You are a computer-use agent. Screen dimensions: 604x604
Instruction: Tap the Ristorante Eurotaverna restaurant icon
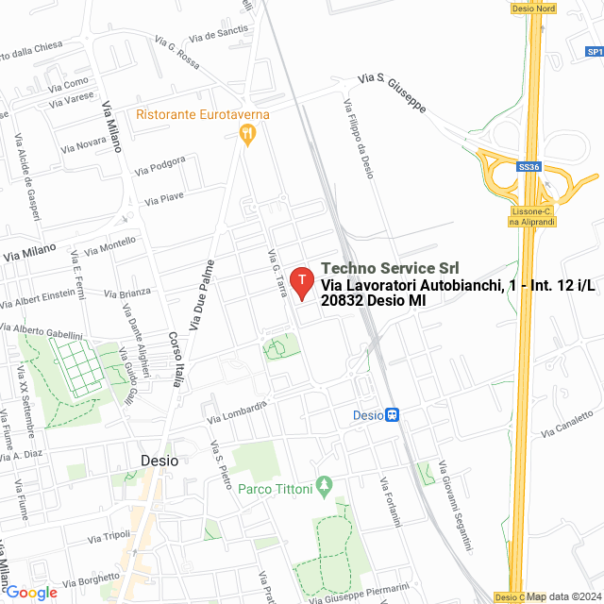coord(248,135)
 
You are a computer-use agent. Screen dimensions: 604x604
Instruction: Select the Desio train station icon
coord(393,414)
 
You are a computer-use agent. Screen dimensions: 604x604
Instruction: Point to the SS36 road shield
coord(528,167)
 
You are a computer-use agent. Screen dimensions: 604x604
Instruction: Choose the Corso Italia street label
coord(176,360)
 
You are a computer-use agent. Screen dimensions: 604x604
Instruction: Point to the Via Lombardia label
coord(239,411)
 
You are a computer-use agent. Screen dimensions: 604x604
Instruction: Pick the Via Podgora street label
coord(159,166)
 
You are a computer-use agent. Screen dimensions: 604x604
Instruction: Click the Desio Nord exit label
coord(533,8)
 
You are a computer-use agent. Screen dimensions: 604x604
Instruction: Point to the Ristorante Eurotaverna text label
coord(203,115)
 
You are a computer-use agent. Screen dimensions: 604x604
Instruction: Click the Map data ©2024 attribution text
coord(563,596)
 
